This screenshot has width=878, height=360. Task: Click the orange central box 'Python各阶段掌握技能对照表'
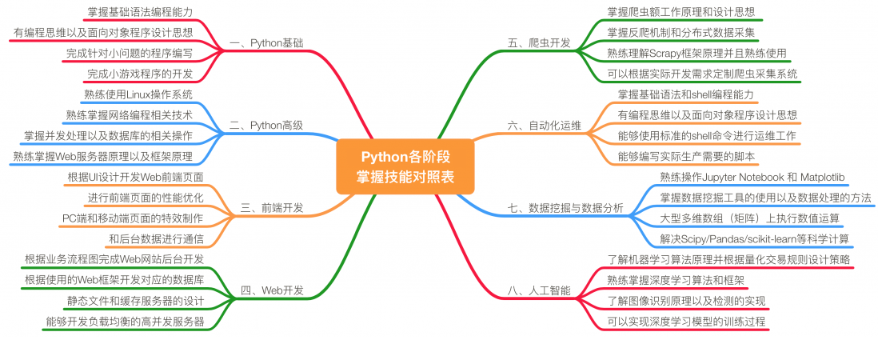405,166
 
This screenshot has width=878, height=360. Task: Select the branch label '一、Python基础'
265,42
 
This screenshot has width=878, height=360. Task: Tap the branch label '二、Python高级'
265,126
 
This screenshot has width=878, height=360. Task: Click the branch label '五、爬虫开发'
539,42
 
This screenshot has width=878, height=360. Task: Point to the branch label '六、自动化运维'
545,126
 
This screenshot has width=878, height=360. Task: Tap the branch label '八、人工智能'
539,290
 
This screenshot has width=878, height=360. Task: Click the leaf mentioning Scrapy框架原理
696,53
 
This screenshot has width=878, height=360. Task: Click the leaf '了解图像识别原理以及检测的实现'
686,302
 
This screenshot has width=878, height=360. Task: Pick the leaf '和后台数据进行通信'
156,238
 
